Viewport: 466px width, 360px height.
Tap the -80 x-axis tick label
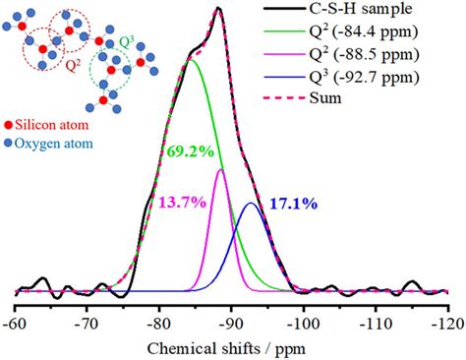click(159, 322)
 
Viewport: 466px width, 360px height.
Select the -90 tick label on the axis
click(231, 322)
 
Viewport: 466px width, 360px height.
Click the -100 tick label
click(303, 322)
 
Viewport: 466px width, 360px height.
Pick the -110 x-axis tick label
click(375, 322)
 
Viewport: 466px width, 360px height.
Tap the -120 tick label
click(445, 322)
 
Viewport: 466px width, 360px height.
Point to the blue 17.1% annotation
click(292, 204)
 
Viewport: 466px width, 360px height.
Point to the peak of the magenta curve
click(221, 170)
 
